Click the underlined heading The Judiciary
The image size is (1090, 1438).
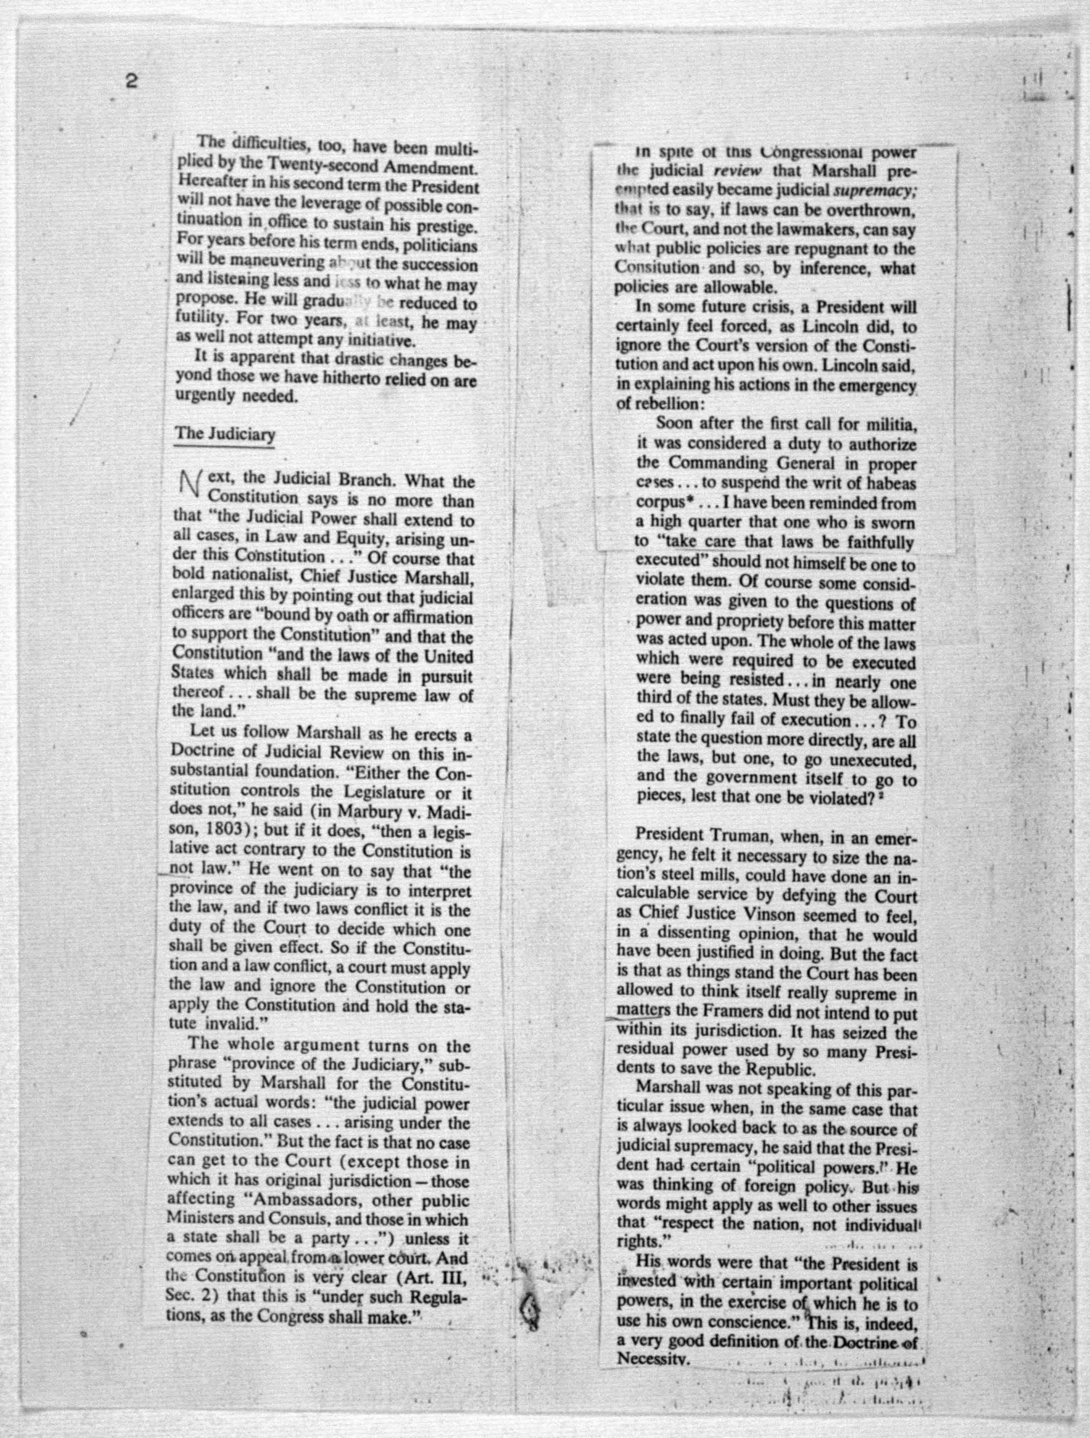[x=225, y=434]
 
